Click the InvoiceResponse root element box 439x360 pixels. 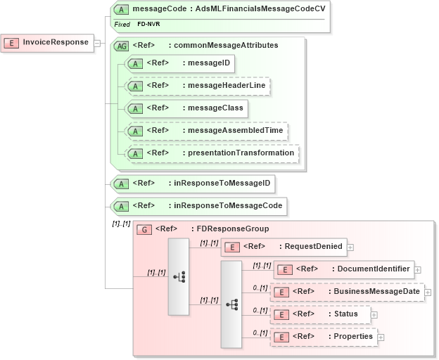[48, 42]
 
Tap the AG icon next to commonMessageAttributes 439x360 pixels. [121, 46]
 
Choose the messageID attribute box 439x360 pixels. [179, 63]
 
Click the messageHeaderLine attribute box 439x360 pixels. [197, 86]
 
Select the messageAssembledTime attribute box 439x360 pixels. [207, 131]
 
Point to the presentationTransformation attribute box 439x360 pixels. [211, 153]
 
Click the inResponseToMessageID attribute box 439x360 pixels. [193, 184]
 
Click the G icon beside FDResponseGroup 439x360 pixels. [144, 229]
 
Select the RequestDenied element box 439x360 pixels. [284, 247]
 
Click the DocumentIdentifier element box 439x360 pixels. [343, 269]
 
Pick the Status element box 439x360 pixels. [319, 314]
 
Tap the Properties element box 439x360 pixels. [323, 337]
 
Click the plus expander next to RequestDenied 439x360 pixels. [350, 247]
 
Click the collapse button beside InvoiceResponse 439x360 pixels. [98, 43]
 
